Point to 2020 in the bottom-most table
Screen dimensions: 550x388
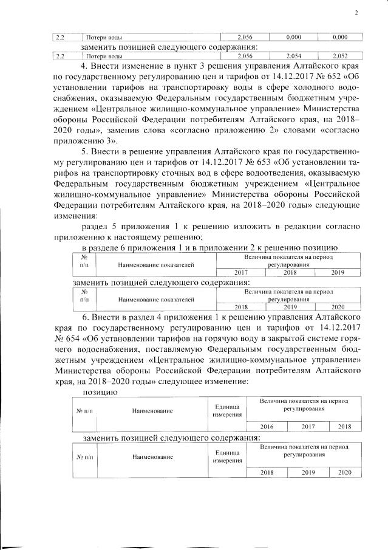(x=344, y=472)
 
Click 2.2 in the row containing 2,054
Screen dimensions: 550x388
(x=61, y=56)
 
